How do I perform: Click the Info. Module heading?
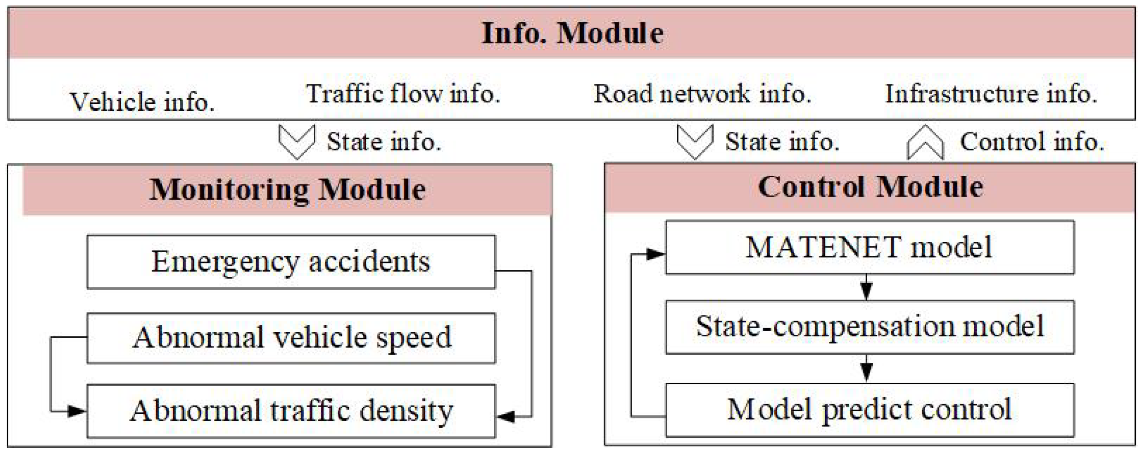[572, 33]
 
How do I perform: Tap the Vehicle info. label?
[142, 101]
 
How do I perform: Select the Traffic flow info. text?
[403, 94]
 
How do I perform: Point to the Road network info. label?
[702, 94]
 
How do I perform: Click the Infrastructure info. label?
[991, 94]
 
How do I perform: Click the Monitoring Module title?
[287, 190]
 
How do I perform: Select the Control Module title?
[870, 187]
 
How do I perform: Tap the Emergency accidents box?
[291, 262]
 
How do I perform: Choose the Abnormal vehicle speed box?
[291, 338]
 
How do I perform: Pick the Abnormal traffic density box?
[291, 411]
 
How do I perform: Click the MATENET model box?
[869, 247]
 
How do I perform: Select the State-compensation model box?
[869, 327]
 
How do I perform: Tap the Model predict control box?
[869, 409]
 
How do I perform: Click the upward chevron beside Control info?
[925, 143]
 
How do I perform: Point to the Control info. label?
[1032, 142]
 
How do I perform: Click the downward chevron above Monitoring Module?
[297, 142]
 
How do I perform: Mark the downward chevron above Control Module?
[695, 142]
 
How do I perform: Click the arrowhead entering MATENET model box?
[655, 254]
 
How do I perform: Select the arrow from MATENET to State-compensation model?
[866, 287]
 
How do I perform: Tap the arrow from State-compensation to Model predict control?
[866, 368]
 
